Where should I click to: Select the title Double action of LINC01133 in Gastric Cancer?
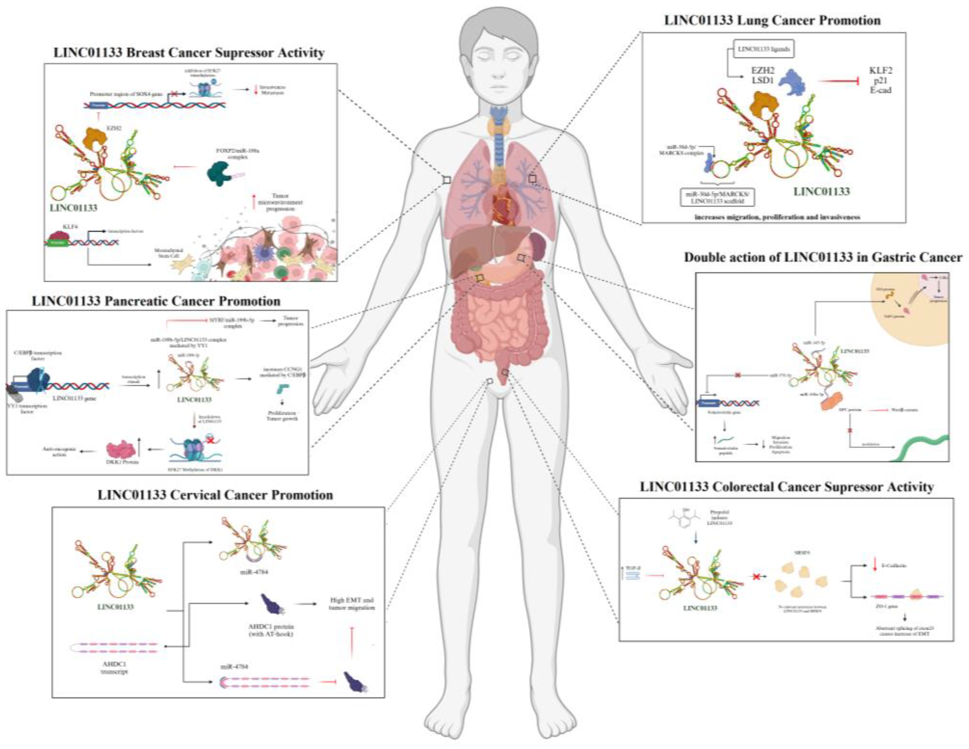click(823, 257)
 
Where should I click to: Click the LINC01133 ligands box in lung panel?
click(763, 49)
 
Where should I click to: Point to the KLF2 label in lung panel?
click(881, 71)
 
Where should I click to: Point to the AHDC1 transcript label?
click(115, 668)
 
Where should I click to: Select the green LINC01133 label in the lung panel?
click(821, 192)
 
